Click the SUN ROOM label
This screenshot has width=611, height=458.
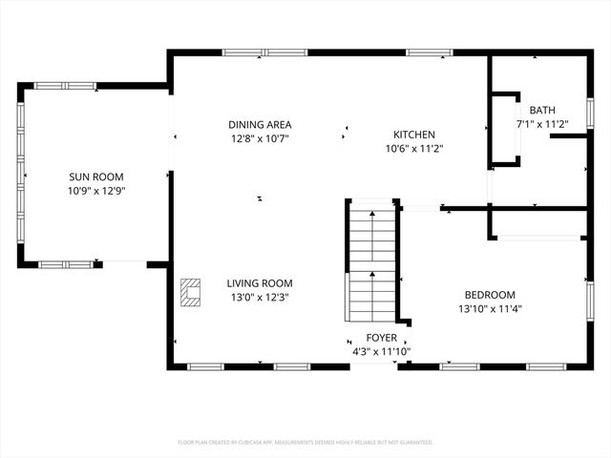95,177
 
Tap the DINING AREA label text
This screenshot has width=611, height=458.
259,125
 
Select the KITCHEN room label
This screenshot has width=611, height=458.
414,135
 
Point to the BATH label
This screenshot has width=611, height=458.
542,111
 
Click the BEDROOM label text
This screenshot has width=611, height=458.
490,295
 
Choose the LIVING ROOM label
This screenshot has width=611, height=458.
259,283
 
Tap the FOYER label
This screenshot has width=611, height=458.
381,339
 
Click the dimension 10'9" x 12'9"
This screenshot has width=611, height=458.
95,191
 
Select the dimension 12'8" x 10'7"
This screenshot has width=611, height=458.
259,138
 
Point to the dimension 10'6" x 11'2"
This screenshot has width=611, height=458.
414,148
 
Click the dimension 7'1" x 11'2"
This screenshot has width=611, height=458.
542,124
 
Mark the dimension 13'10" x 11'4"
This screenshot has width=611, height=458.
490,308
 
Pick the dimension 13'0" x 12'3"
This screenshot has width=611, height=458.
259,297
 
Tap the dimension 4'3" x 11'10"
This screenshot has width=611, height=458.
381,352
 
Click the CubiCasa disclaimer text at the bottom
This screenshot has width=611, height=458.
305,443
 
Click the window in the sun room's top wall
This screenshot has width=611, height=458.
65,86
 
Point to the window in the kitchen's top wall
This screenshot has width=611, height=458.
429,52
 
